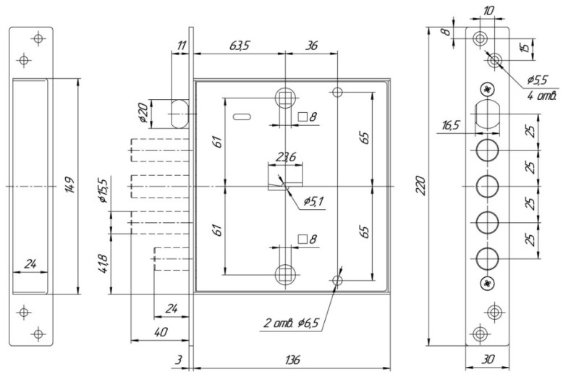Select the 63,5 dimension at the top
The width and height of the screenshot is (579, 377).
pos(241,45)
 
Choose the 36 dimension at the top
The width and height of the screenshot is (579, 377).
pos(313,45)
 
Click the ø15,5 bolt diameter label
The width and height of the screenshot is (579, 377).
pos(103,190)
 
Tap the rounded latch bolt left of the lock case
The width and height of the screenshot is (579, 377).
pos(180,113)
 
